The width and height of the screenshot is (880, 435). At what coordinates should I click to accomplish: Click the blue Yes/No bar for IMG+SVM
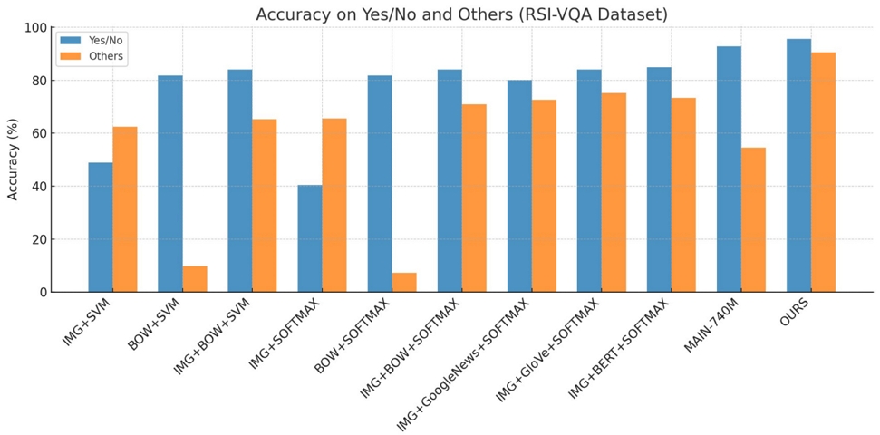[101, 227]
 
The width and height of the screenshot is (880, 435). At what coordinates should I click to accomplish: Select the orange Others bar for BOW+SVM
[195, 279]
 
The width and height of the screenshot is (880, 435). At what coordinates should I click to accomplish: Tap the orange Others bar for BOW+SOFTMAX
[404, 283]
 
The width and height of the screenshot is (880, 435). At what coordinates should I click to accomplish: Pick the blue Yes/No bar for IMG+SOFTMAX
[310, 238]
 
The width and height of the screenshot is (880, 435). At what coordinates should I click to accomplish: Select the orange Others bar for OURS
[823, 172]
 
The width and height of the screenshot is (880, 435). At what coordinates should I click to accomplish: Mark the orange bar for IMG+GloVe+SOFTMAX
[614, 192]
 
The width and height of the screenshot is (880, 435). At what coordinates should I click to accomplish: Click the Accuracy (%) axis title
[14, 159]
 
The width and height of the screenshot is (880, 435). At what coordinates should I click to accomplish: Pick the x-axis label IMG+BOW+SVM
[212, 335]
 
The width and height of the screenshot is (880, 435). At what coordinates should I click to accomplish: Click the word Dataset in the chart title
[634, 14]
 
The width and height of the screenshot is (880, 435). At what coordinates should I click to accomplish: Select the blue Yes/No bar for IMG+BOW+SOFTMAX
[450, 181]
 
